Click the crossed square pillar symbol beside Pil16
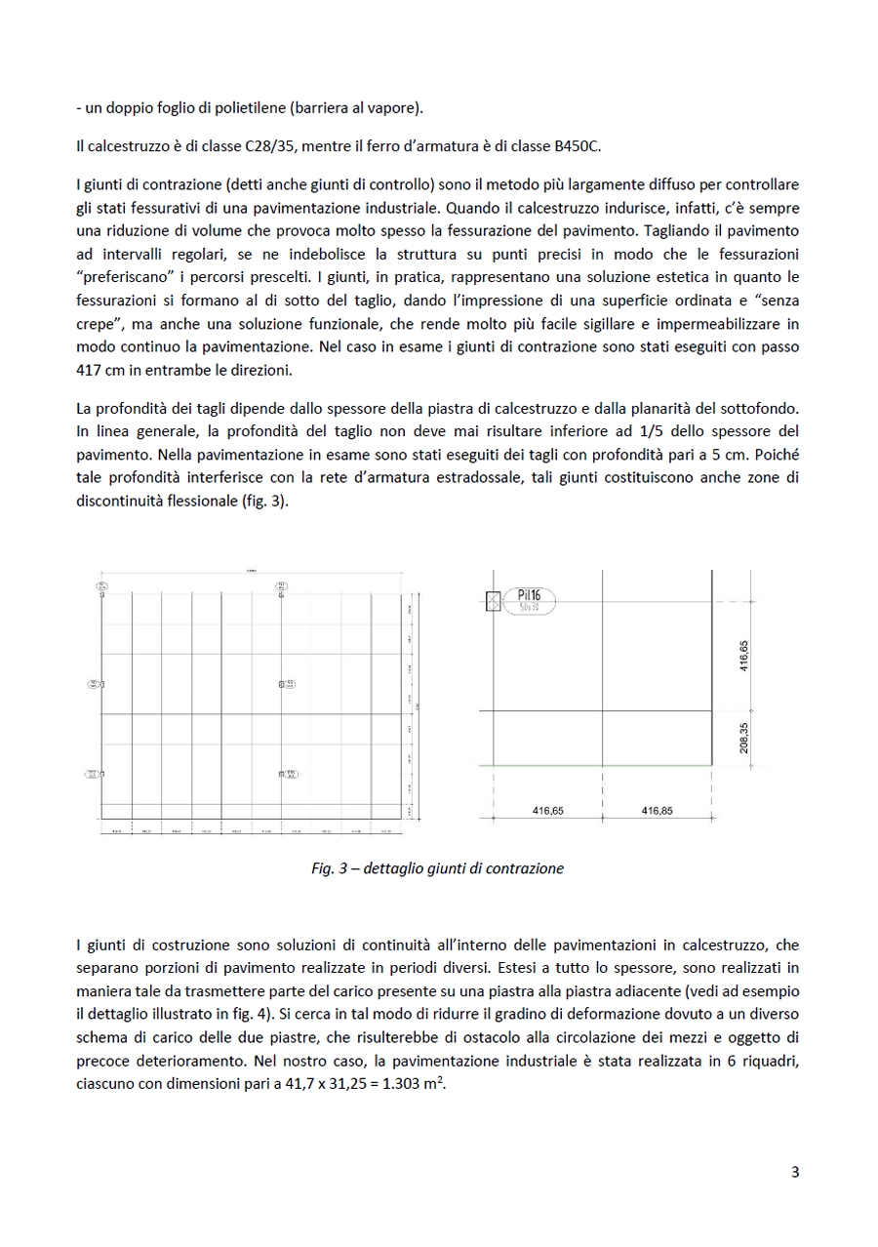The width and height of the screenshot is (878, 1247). (494, 602)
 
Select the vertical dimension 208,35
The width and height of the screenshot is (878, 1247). (743, 739)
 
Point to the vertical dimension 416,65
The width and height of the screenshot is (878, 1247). (743, 656)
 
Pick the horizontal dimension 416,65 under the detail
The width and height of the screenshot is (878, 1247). (547, 810)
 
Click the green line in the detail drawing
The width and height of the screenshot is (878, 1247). (597, 766)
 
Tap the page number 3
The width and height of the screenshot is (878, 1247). (795, 1173)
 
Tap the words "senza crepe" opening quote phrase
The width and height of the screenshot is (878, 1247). (777, 301)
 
